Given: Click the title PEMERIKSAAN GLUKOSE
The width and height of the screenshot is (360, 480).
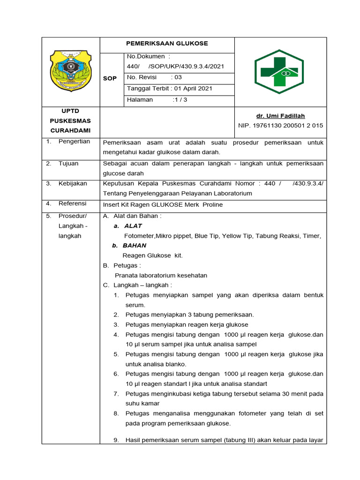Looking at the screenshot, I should pos(167,44).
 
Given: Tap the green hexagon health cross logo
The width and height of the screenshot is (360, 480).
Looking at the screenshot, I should pos(279,71).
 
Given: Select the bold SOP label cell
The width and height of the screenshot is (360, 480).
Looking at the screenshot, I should pos(110,78).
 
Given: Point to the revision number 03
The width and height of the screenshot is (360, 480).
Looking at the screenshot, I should pos(178,77).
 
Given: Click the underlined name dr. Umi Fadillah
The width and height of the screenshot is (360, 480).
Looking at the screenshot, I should pos(280,116).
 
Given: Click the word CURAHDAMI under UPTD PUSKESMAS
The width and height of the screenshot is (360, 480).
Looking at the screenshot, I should pos(70,130).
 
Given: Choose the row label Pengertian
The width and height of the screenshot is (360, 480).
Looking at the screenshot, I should pos(74,142).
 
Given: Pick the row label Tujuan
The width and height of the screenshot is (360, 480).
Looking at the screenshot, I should pos(68,164).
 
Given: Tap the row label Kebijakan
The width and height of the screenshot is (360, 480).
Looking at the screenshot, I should pos(73,183).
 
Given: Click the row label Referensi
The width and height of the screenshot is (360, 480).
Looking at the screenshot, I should pos(73,203).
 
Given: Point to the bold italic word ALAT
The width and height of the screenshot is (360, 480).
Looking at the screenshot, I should pos(133,226).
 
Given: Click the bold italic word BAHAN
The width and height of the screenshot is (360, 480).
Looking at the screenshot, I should pos(135,246).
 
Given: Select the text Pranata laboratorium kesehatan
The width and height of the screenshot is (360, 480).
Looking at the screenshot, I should pos(161,275).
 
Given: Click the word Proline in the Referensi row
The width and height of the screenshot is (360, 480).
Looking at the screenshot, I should pos(213,205).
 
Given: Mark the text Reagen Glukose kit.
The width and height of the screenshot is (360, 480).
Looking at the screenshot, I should pos(152,255).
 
